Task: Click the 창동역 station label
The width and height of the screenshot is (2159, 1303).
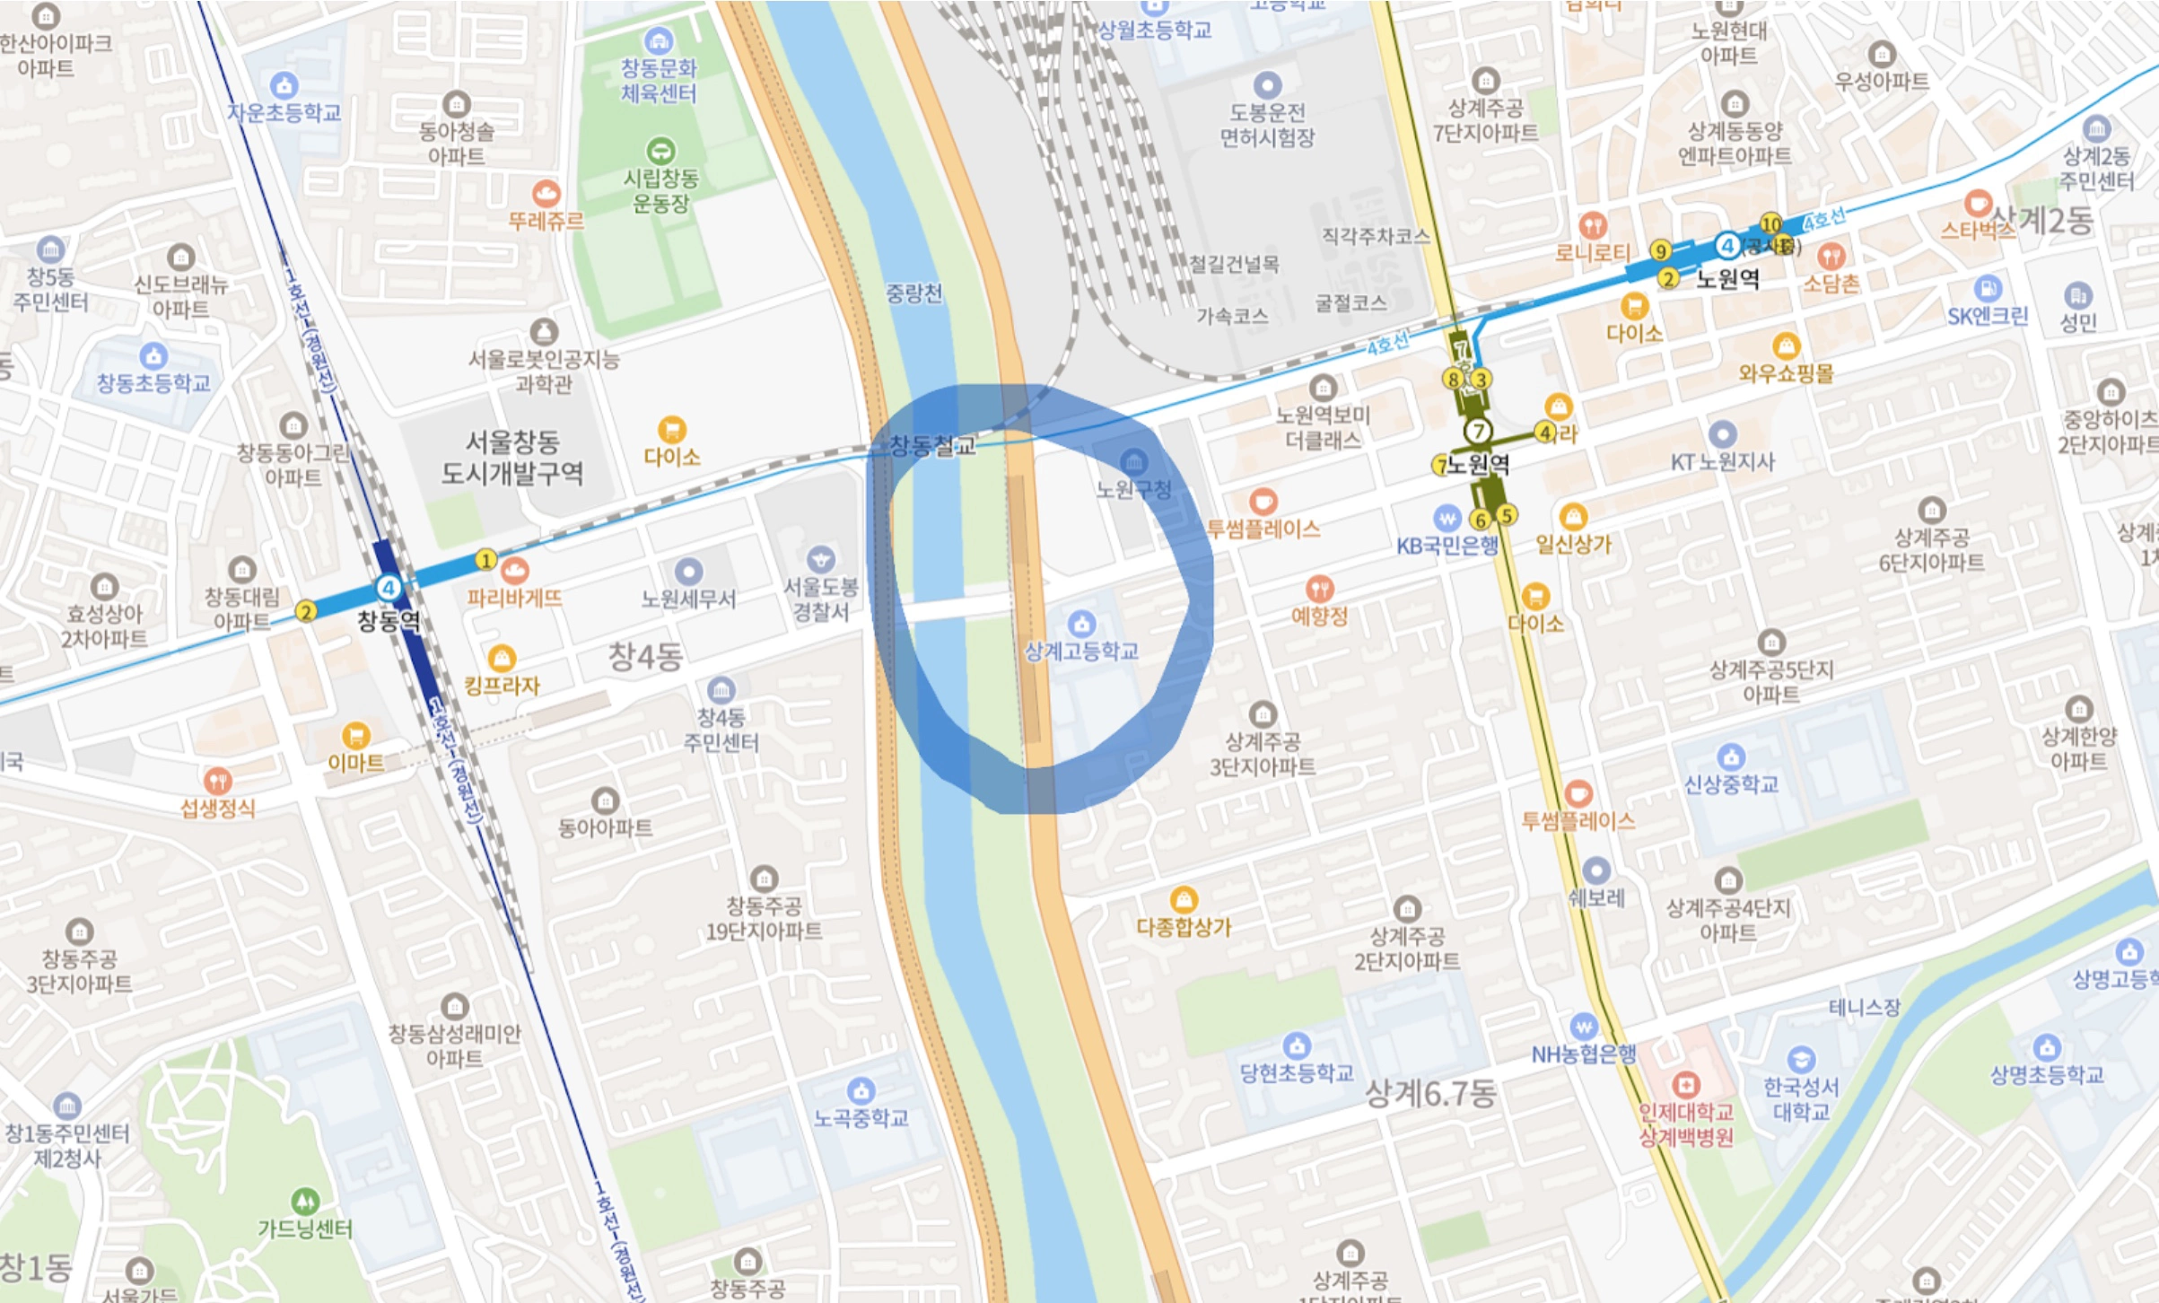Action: [389, 621]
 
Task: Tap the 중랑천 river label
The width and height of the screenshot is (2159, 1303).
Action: [913, 293]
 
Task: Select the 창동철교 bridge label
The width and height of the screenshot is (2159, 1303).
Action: [931, 445]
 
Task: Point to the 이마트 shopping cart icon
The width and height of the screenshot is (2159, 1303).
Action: [356, 735]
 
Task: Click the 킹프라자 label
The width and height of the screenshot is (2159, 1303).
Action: [502, 686]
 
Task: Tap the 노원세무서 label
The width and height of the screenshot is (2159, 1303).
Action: [688, 599]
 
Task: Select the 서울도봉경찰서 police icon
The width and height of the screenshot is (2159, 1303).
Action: [820, 560]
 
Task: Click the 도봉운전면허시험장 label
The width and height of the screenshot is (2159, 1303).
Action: [1267, 125]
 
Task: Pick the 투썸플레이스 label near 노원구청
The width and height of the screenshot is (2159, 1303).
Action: [1263, 529]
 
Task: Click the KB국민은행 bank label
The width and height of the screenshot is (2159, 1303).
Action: [1447, 545]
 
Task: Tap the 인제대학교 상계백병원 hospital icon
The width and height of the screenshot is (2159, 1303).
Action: [1685, 1085]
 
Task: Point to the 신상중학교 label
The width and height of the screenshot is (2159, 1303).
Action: [1730, 784]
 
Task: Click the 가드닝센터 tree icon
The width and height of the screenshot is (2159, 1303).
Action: [305, 1201]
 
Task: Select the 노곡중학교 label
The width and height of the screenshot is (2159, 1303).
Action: [861, 1118]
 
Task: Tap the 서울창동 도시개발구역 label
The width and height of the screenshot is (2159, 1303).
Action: [511, 457]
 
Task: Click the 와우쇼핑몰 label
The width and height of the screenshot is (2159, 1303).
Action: [1786, 372]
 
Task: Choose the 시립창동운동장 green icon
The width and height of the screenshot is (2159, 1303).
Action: [660, 150]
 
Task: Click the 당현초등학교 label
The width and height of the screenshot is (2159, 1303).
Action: [1296, 1072]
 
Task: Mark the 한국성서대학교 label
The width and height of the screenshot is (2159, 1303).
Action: [1801, 1099]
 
